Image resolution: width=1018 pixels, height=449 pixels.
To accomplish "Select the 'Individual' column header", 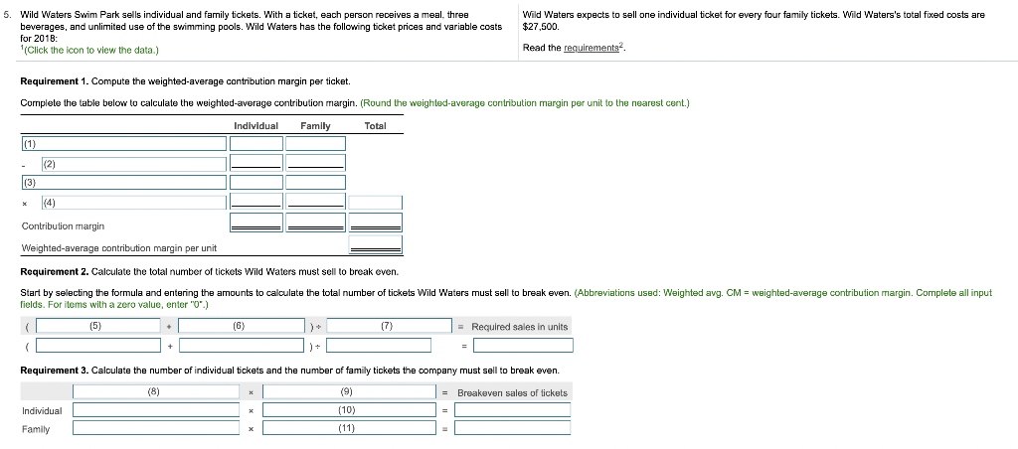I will coord(255,126).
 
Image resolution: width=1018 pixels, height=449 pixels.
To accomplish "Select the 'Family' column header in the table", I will coord(315,126).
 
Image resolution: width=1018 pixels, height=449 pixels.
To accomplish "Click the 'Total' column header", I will coord(375,126).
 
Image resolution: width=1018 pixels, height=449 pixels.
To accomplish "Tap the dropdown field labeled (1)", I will coord(123,142).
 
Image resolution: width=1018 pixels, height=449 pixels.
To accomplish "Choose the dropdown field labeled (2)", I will coord(132,162).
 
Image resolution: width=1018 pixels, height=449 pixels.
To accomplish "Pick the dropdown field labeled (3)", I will coord(123,182).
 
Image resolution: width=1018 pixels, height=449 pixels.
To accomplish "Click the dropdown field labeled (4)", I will coord(132,203).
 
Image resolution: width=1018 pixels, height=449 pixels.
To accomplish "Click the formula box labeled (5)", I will coord(95,326).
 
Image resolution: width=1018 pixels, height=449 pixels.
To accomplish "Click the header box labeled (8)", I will coord(155,392).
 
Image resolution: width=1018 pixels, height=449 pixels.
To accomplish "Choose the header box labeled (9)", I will coord(347,392).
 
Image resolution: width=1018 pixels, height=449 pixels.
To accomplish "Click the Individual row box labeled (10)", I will coord(347,410).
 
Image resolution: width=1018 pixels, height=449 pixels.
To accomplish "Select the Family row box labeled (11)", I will coord(347,428).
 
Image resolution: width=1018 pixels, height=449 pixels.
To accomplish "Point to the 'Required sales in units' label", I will coord(519,327).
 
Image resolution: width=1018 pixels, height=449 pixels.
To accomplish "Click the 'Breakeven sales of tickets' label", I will coord(512,393).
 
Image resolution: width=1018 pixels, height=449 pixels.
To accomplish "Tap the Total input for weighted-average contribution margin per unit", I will coord(375,244).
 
